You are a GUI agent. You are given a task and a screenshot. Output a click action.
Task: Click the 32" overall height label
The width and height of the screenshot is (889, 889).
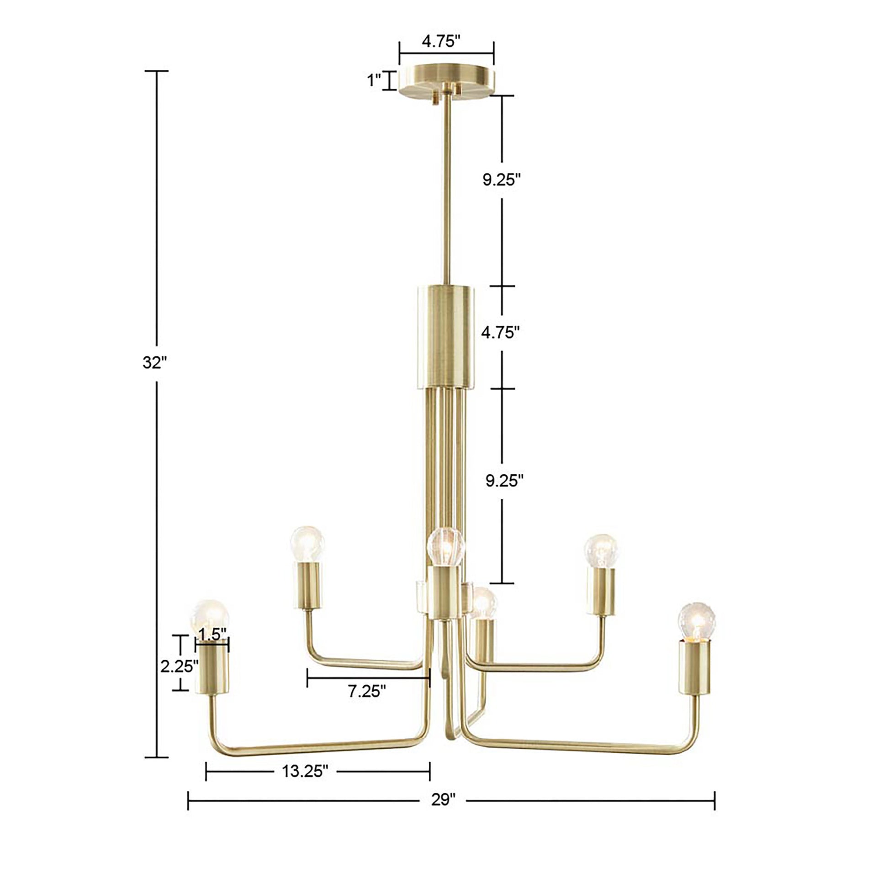153,363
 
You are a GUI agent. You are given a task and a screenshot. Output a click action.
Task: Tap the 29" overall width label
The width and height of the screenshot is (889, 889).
443,800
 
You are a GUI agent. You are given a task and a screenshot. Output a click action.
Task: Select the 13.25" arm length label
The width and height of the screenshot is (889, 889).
305,771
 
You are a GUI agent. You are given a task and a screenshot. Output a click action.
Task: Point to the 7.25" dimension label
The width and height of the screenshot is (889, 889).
367,704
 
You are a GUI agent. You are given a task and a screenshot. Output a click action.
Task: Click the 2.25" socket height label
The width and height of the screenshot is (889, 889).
179,666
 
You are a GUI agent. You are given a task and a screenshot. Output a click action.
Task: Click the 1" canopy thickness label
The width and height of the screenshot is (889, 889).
374,81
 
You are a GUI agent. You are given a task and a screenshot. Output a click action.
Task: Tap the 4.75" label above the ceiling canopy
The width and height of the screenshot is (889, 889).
441,42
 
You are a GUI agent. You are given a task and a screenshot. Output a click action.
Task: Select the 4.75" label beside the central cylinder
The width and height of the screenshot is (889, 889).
500,332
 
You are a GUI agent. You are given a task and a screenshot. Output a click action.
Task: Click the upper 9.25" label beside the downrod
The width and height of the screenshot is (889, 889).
501,180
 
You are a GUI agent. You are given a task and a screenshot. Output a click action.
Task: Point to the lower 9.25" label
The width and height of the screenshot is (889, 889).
505,481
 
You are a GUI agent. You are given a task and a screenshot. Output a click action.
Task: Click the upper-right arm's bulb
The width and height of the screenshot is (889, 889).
600,551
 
